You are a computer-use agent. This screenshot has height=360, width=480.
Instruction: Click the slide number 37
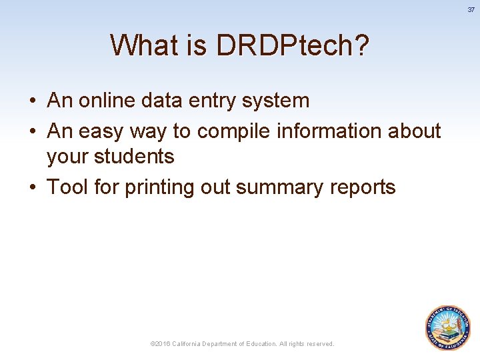point(471,10)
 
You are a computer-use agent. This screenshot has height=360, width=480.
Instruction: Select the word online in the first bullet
point(107,101)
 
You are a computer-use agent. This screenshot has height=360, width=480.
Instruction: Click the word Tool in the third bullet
point(67,187)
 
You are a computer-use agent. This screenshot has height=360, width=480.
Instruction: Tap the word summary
point(279,188)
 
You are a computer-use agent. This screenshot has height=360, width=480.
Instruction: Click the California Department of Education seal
point(448,327)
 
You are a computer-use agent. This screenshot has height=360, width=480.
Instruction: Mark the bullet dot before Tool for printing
point(33,188)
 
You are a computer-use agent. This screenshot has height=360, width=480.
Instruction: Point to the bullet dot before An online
point(33,101)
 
